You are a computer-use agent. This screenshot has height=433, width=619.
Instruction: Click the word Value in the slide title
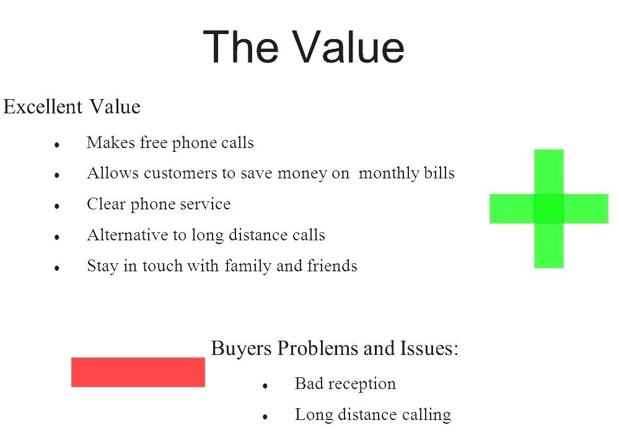[348, 47]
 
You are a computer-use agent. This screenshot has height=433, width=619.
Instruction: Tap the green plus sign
[548, 208]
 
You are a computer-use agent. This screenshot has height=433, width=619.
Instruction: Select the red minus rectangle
[138, 372]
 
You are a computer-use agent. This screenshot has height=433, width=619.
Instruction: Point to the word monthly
[389, 173]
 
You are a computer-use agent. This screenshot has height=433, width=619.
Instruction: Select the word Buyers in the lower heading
[241, 349]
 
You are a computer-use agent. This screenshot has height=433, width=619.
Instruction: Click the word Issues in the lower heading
[434, 349]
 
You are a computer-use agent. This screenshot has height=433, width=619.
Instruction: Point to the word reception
[362, 384]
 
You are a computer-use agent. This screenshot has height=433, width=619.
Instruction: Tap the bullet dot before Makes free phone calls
[56, 145]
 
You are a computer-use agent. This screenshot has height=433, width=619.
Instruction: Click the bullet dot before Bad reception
[265, 386]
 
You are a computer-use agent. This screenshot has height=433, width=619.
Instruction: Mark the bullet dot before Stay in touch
[56, 269]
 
